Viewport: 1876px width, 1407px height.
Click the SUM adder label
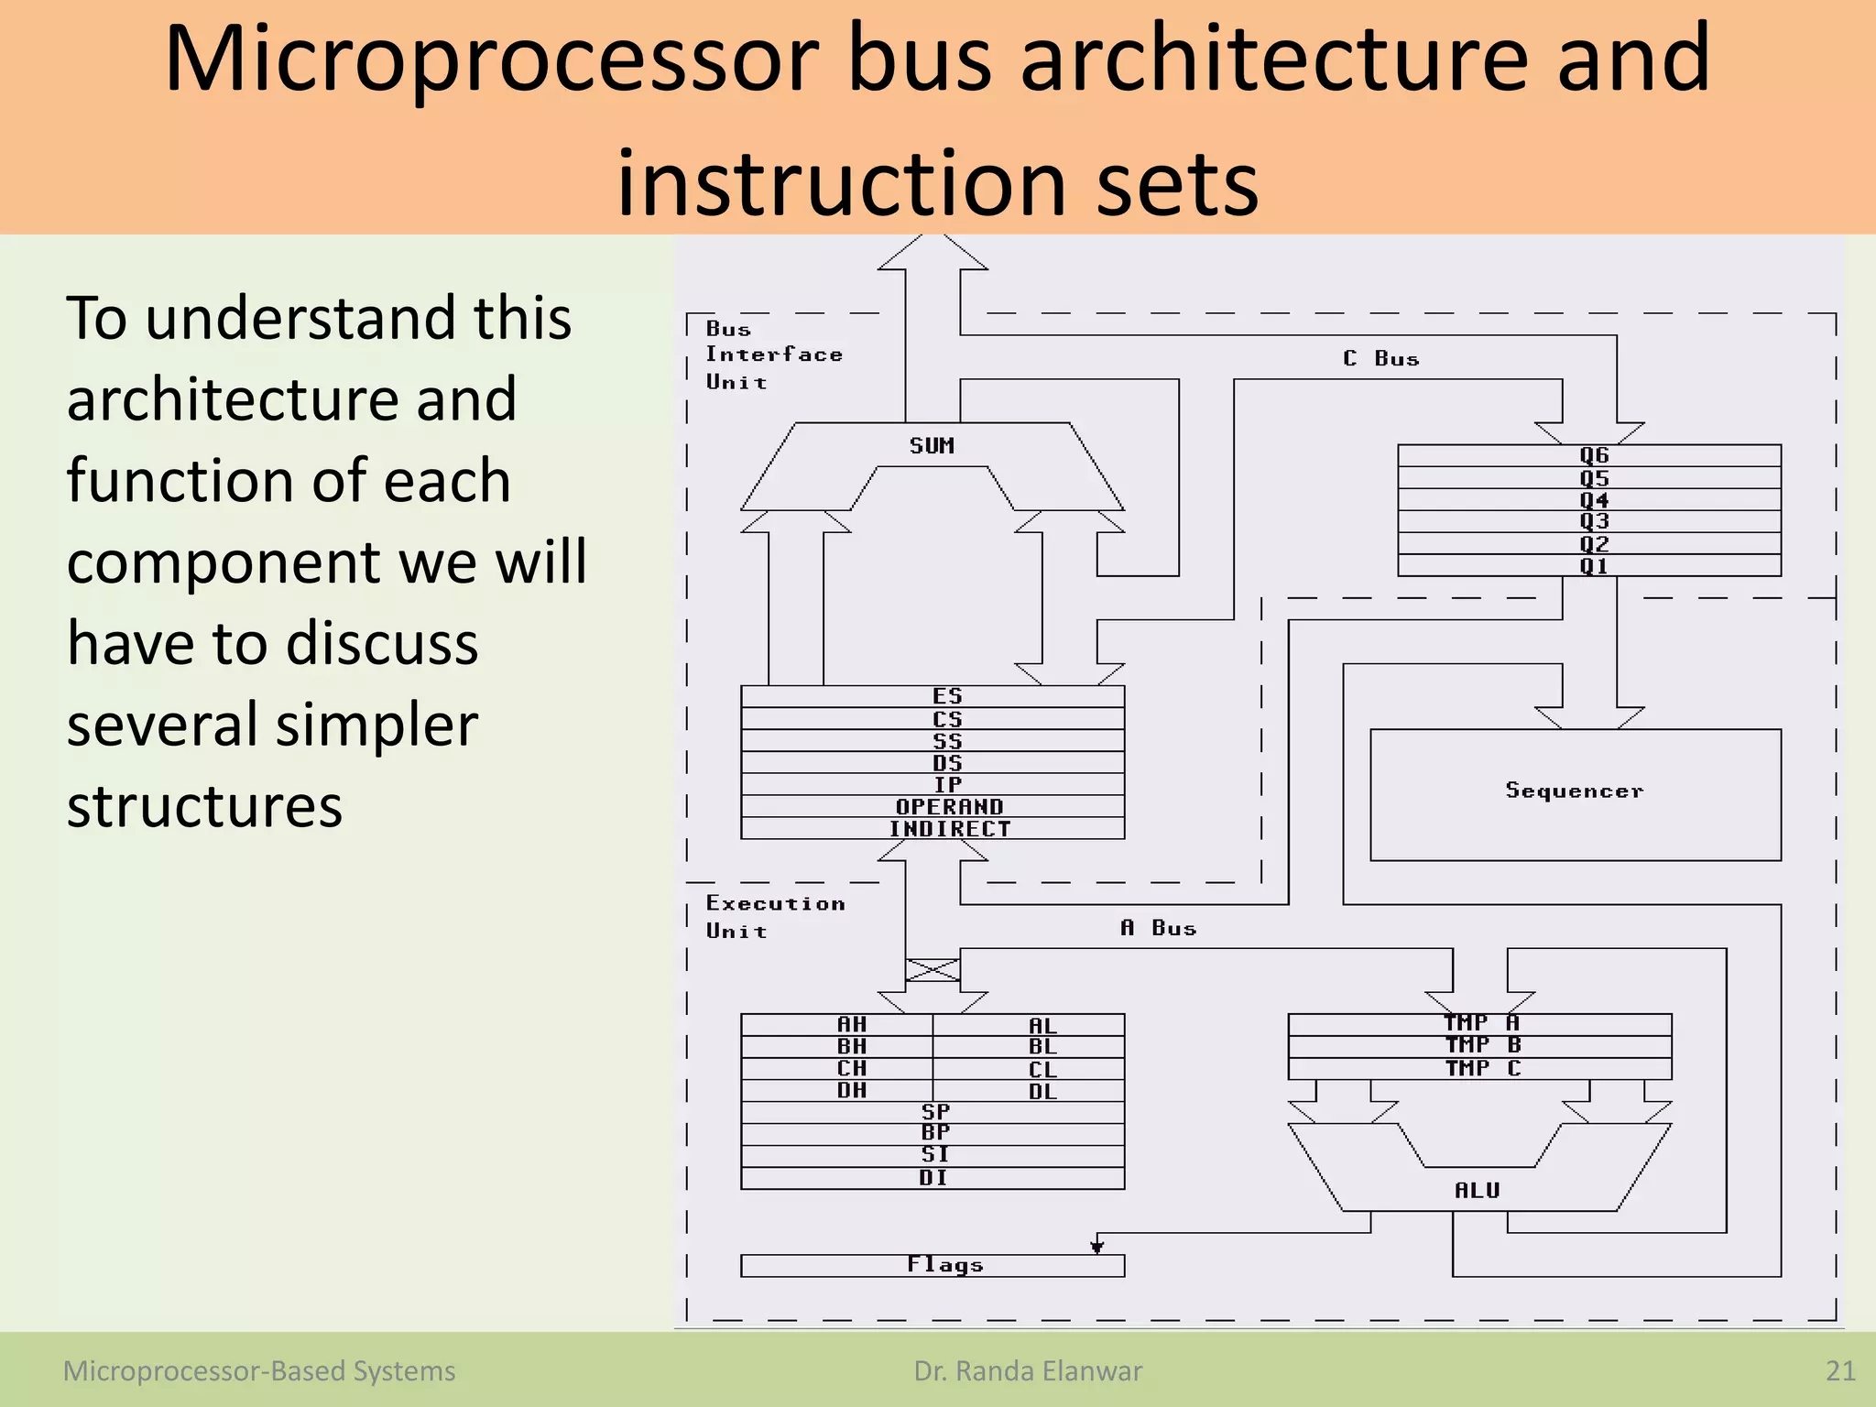point(932,446)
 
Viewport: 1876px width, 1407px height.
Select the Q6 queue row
point(1593,455)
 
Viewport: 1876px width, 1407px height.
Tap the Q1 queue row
point(1593,566)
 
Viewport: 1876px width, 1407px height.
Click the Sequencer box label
point(1575,791)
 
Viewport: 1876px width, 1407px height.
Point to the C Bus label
point(1381,359)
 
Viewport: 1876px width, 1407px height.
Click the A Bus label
point(1159,928)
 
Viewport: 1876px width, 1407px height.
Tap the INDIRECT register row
point(949,829)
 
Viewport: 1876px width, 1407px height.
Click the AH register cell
point(851,1025)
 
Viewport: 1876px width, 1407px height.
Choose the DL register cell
point(1042,1091)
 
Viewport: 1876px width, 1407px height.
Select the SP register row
point(934,1112)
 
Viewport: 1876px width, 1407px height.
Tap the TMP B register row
point(1482,1046)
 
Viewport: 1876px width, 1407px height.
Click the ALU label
point(1477,1190)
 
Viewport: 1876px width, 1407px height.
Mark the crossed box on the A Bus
point(933,969)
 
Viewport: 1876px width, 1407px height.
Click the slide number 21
point(1839,1371)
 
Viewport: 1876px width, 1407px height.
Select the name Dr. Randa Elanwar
point(1028,1371)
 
